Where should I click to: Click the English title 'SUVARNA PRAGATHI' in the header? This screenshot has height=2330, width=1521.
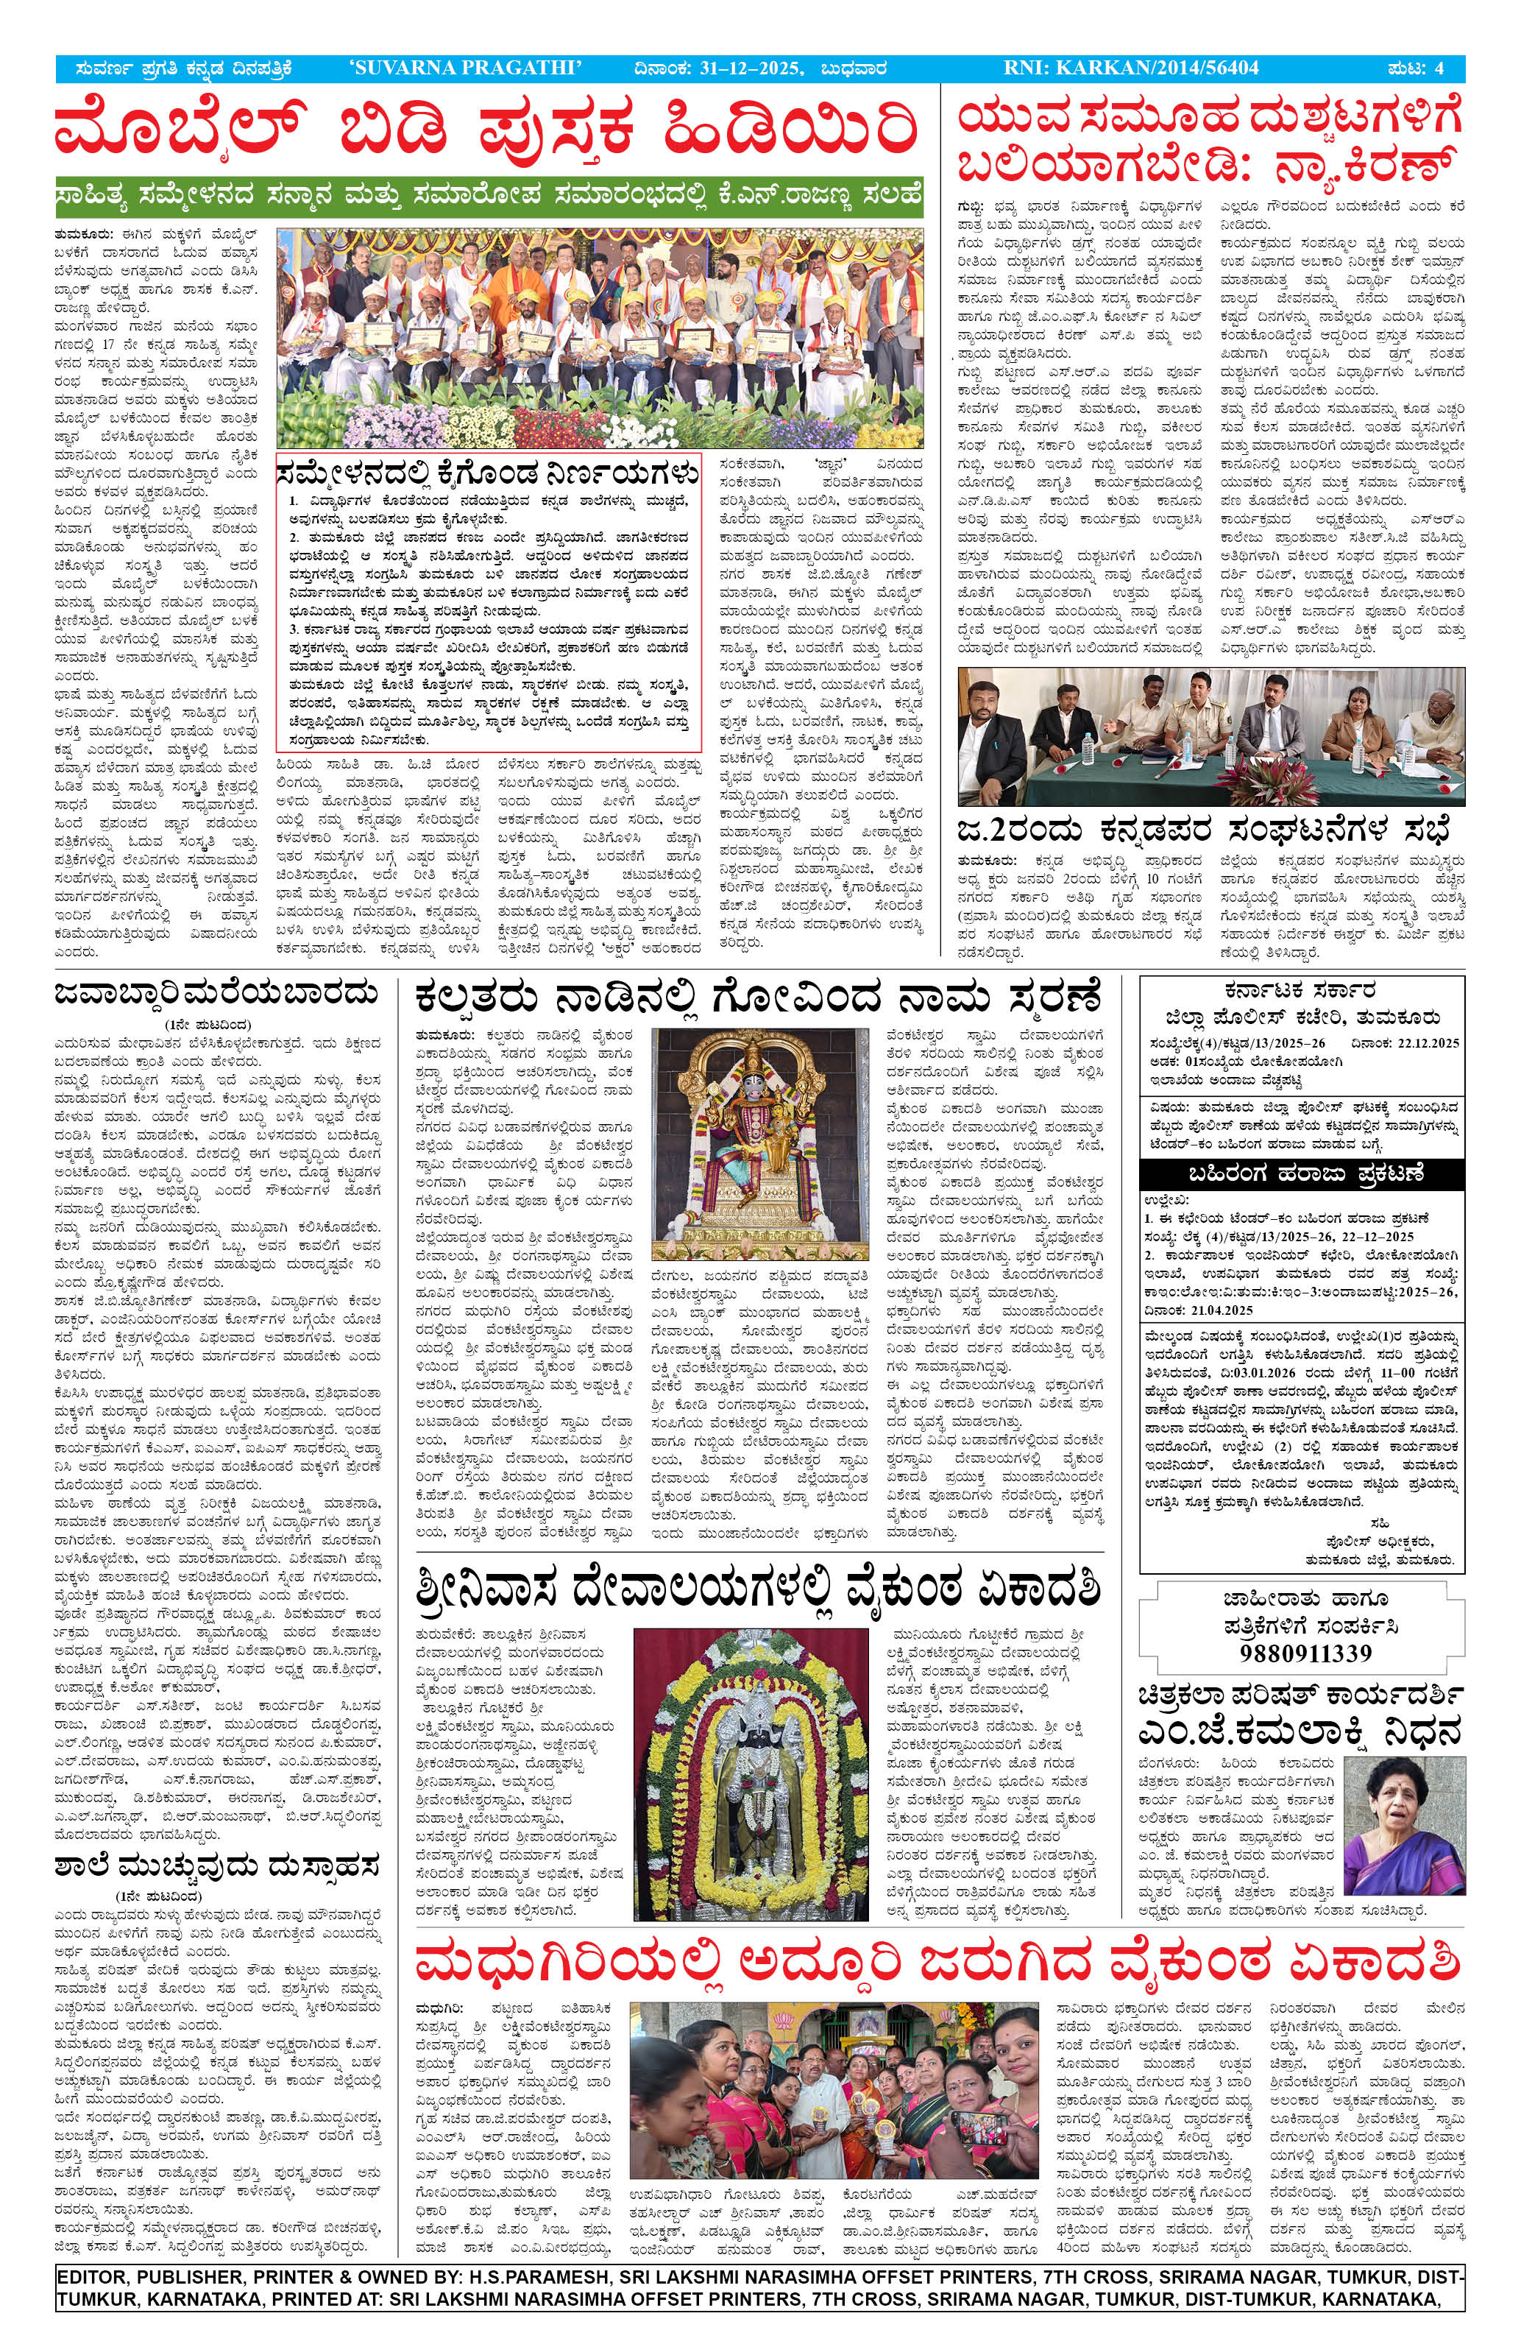466,68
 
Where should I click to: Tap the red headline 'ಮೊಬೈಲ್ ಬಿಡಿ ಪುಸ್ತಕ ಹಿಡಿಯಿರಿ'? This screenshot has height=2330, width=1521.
486,130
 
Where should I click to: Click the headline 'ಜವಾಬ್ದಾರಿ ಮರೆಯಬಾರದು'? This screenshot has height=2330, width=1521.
217,995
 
